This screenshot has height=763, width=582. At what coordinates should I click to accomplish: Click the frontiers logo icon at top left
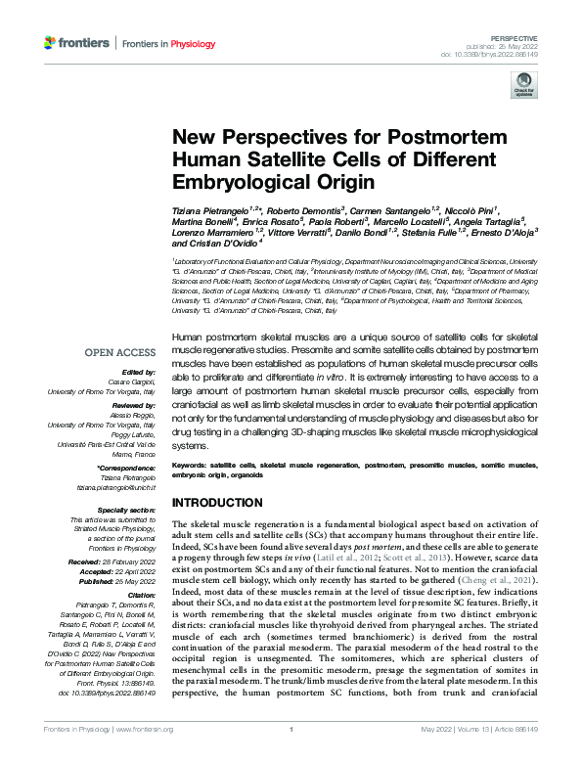pos(51,43)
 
